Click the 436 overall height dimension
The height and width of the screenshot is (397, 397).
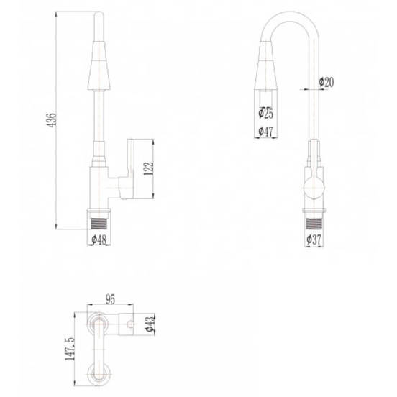tap(52, 120)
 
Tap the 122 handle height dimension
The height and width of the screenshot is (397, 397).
tap(149, 168)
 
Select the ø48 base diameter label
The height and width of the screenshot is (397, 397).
tap(99, 239)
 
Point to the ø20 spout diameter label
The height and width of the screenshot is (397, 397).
tap(327, 82)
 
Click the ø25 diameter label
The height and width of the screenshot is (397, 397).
tap(265, 113)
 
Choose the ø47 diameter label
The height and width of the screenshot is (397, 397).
tap(265, 132)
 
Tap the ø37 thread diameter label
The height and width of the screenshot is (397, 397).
tap(314, 239)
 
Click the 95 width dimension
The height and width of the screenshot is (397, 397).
tap(110, 299)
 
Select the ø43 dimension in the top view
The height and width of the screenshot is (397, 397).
tap(150, 324)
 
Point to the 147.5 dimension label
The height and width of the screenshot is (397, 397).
tap(70, 349)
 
